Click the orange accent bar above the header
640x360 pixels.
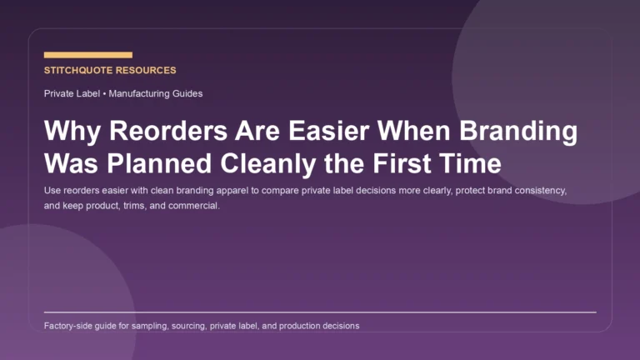click(87, 55)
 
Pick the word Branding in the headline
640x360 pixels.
click(517, 133)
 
